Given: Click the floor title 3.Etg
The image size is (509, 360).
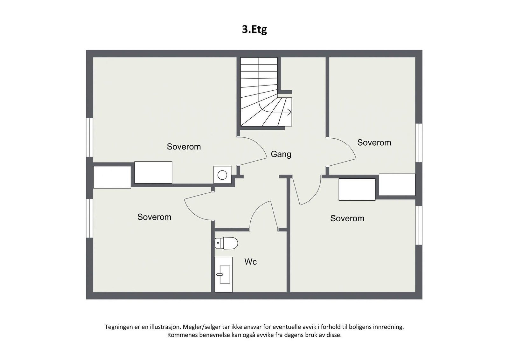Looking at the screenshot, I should point(254,29).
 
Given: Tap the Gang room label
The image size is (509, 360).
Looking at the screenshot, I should point(281,154).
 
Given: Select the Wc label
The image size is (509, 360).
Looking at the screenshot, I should point(250,262).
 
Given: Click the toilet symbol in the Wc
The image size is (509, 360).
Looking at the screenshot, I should point(226,243).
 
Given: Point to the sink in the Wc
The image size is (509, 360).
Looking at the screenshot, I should point(224,274).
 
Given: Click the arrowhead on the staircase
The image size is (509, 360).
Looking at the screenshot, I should point(289,112).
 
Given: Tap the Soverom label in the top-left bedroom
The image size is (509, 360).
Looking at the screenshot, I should point(184,147).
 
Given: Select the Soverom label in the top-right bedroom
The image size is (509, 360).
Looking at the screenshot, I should point(374,142).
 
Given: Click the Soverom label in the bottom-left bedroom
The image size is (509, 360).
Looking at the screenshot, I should point(154,217).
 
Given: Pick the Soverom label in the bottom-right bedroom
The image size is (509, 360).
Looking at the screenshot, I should point(347,218).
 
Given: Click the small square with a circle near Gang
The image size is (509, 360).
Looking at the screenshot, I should point(222,175).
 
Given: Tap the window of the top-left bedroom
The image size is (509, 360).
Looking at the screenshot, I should point(90,137).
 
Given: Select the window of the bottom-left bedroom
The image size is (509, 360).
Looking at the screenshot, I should point(90,218).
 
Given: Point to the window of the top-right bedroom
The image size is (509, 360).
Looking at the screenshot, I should point(419,143).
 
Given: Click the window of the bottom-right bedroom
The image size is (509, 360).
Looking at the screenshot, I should point(419,225).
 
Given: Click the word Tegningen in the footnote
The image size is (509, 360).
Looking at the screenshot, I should point(119,327).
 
